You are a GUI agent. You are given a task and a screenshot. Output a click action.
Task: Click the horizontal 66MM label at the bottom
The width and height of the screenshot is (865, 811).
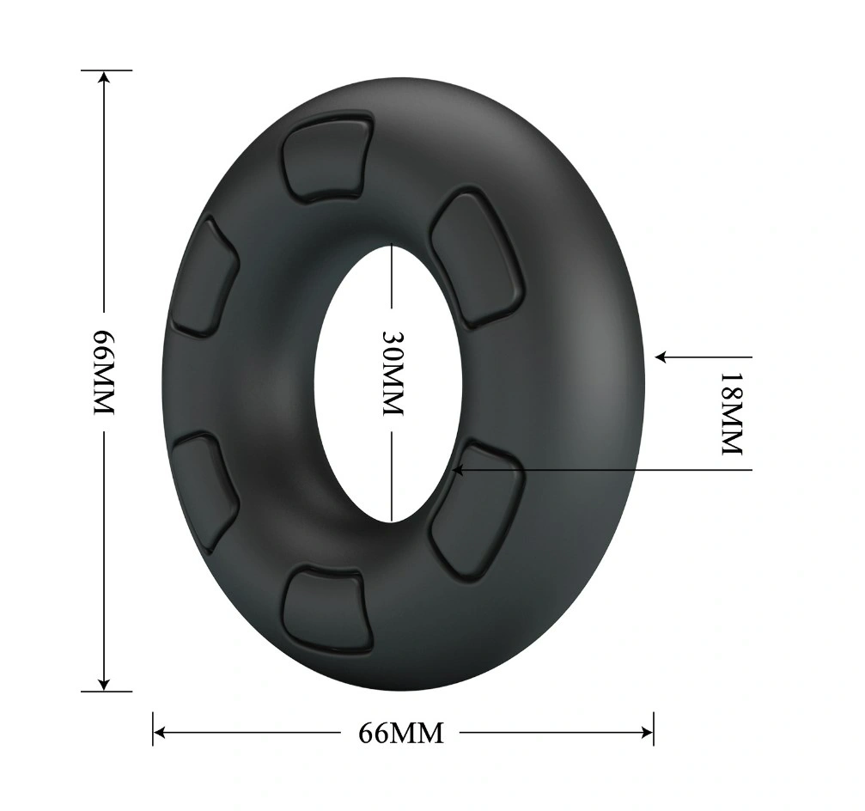tap(401, 733)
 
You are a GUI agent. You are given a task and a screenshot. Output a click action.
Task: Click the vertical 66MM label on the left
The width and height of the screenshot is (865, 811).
tap(104, 372)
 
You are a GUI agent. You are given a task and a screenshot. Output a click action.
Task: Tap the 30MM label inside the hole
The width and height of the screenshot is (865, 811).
tap(393, 374)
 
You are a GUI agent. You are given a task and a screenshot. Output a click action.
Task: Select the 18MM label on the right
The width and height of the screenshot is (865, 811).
tap(733, 414)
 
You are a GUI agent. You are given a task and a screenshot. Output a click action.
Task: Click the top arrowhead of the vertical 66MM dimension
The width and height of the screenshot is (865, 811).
tap(104, 77)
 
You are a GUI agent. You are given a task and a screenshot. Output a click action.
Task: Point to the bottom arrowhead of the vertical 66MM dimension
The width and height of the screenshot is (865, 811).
tap(104, 684)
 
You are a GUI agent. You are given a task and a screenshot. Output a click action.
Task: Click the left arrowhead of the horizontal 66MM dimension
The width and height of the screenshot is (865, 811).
tap(160, 733)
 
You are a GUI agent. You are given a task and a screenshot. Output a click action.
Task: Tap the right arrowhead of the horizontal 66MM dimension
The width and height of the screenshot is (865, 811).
tap(647, 733)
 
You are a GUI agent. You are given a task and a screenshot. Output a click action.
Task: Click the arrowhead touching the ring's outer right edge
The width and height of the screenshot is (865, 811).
tap(662, 357)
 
